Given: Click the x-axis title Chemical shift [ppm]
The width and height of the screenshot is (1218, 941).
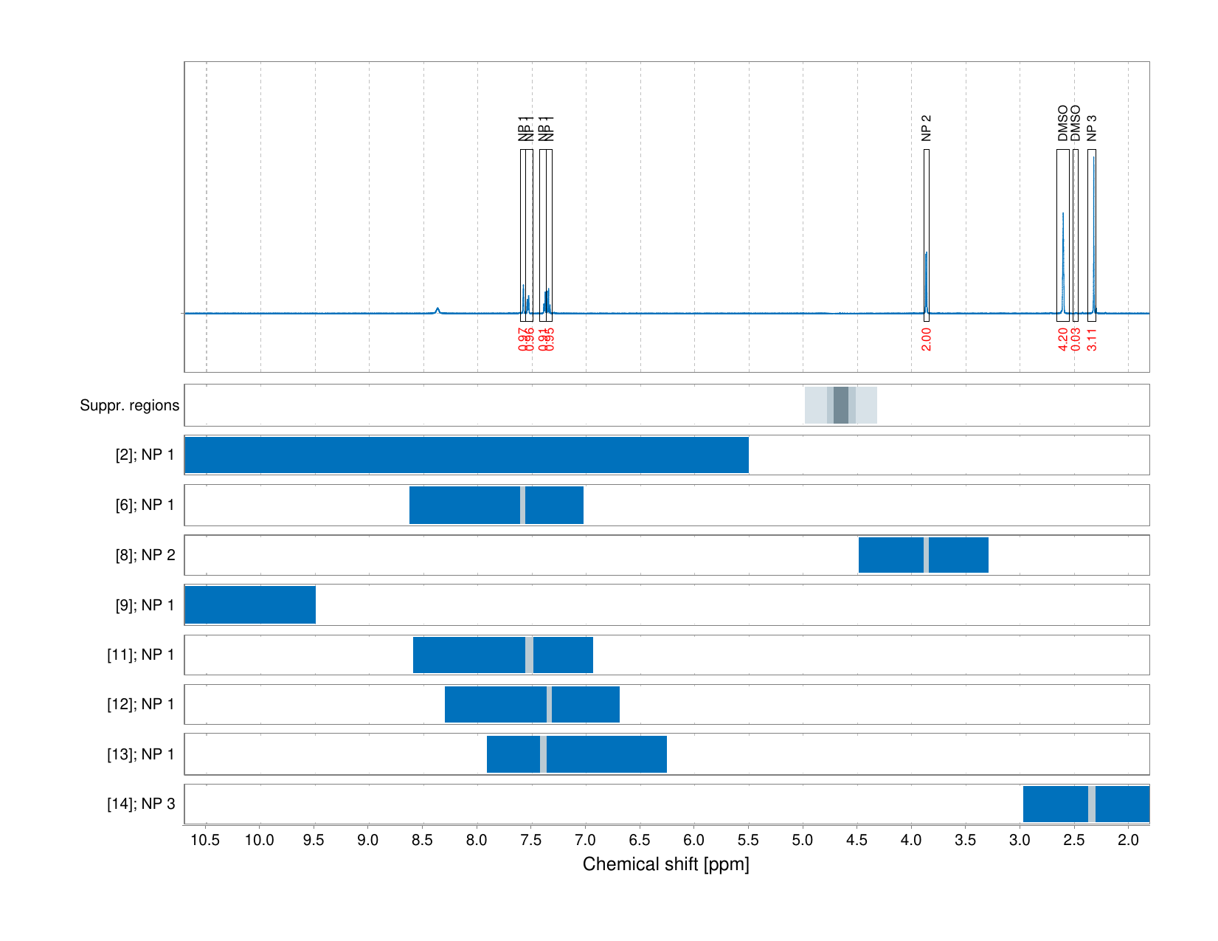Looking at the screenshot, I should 665,864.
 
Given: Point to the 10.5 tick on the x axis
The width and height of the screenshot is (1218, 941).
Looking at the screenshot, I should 206,840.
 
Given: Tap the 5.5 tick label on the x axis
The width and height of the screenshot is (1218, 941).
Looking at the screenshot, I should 748,840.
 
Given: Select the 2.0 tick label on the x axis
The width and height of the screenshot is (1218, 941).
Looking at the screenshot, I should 1128,840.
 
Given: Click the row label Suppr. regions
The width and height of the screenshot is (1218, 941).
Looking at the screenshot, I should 129,405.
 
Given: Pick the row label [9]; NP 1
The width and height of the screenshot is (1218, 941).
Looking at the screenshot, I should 145,605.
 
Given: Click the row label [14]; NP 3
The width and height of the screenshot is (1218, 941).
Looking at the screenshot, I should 141,804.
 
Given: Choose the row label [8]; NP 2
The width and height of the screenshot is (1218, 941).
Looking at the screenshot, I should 145,555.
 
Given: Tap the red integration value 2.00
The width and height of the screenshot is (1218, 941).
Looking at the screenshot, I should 927,339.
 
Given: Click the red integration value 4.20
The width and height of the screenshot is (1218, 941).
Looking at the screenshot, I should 1063,339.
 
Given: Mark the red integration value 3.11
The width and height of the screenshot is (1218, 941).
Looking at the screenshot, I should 1092,339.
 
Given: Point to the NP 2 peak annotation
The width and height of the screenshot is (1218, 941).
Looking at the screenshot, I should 927,128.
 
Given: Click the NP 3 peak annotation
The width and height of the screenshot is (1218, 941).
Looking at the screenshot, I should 1092,128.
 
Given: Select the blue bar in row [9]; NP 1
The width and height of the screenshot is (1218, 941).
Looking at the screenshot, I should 250,605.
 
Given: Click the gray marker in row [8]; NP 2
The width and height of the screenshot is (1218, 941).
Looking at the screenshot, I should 926,555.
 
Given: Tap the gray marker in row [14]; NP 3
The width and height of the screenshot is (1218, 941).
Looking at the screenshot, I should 1092,804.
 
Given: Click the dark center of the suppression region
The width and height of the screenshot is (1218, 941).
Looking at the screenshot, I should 841,405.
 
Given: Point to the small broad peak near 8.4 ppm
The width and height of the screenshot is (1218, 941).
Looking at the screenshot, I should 437,310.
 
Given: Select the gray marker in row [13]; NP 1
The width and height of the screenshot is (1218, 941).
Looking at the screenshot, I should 543,754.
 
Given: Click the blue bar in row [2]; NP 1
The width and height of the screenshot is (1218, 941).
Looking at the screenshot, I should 466,455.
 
